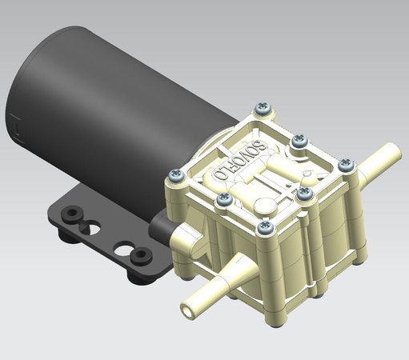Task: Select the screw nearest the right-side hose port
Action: [346, 165]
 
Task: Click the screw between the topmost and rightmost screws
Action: [299, 141]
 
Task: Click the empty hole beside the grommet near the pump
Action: [122, 249]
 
